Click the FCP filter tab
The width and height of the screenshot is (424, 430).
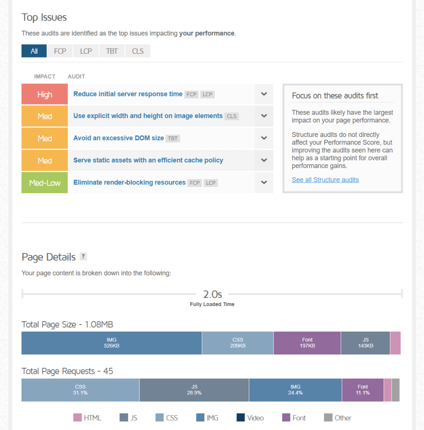pyautogui.click(x=60, y=51)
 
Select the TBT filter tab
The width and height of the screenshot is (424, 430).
pyautogui.click(x=112, y=51)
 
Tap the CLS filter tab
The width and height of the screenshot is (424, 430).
pyautogui.click(x=137, y=51)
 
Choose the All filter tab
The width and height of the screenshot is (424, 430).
pyautogui.click(x=34, y=51)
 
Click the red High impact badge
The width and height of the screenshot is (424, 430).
pyautogui.click(x=45, y=94)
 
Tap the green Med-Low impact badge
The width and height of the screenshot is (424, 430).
pyautogui.click(x=45, y=183)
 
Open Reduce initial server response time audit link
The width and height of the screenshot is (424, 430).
pyautogui.click(x=128, y=94)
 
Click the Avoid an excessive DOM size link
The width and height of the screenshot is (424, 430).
pyautogui.click(x=119, y=138)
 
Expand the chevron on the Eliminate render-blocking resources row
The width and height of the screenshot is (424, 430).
pyautogui.click(x=264, y=182)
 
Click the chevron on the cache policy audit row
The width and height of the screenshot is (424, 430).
pyautogui.click(x=264, y=160)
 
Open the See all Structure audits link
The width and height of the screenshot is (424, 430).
pyautogui.click(x=325, y=180)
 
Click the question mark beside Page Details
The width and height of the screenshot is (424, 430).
pyautogui.click(x=83, y=257)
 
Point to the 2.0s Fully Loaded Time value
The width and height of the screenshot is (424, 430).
pyautogui.click(x=212, y=294)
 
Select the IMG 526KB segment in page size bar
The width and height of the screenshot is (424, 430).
pyautogui.click(x=111, y=343)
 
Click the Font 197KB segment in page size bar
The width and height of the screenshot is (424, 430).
pyautogui.click(x=307, y=343)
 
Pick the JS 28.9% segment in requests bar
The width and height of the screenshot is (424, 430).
pyautogui.click(x=194, y=390)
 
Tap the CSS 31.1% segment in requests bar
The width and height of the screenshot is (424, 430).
pyautogui.click(x=80, y=390)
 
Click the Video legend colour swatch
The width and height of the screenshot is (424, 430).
pyautogui.click(x=240, y=417)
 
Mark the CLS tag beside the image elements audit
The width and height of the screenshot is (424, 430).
pyautogui.click(x=232, y=116)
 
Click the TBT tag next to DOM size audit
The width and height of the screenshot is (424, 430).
pyautogui.click(x=173, y=138)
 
